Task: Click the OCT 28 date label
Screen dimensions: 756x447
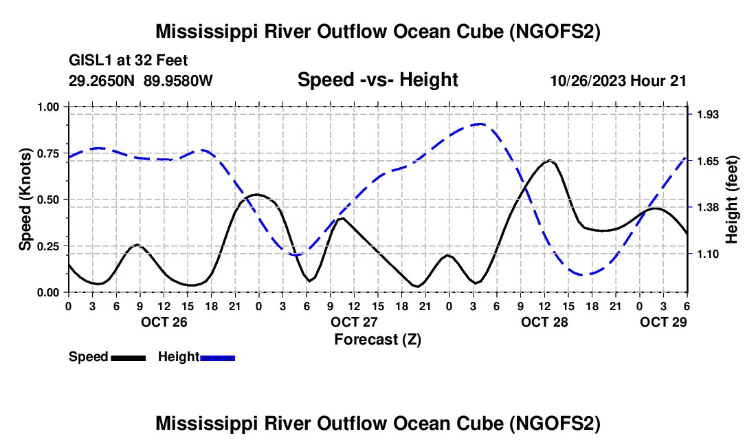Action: coord(544,322)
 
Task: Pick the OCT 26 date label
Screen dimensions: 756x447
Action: coord(164,322)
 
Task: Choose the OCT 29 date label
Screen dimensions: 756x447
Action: coord(663,322)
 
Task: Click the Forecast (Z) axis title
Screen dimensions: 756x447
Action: coord(377,340)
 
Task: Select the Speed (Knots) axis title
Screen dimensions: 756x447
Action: coord(25,199)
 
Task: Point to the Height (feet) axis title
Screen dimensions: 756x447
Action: coord(731,199)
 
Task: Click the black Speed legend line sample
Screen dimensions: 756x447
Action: coord(129,358)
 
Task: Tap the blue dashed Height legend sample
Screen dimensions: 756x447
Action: coord(217,358)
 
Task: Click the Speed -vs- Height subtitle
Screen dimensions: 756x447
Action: coord(377,80)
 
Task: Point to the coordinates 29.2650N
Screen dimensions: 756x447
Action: coord(102,80)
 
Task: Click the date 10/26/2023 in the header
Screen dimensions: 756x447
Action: coord(588,80)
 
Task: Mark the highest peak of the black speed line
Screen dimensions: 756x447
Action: coord(548,160)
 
